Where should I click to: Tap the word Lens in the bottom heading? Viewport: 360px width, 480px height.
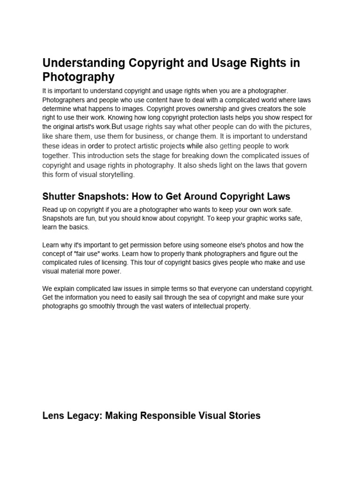tap(53, 415)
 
